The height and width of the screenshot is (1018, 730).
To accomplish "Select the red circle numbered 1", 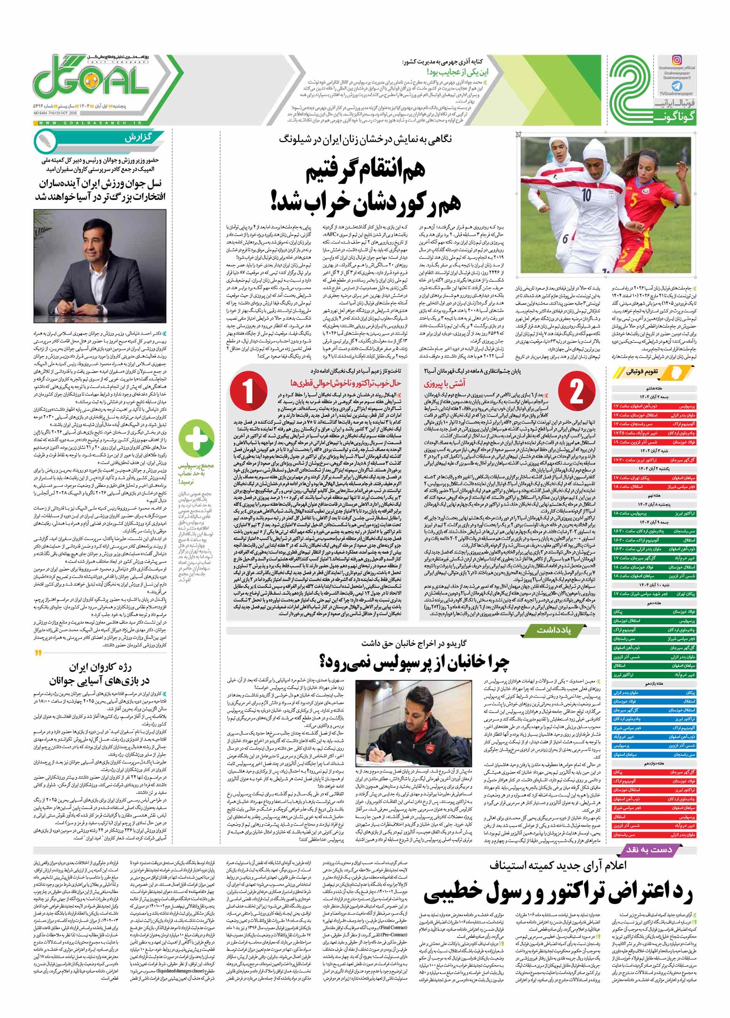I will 248,391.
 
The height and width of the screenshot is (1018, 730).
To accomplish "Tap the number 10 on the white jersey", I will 587,195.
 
